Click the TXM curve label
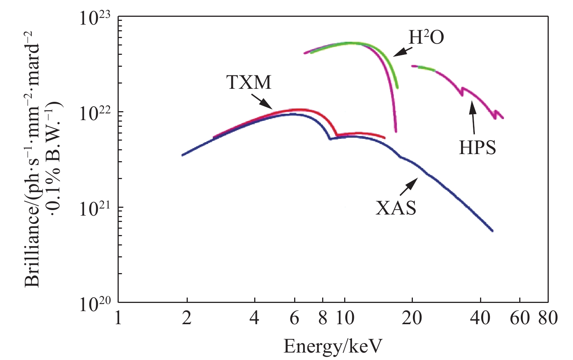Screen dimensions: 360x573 click(249, 82)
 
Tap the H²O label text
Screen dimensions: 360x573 click(426, 37)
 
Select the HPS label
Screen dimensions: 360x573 click(477, 148)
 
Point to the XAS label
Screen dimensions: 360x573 click(396, 208)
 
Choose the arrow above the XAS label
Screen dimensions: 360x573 click(409, 187)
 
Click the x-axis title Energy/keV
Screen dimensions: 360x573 click(333, 346)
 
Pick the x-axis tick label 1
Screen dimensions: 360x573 click(118, 319)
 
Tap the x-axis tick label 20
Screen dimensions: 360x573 click(412, 319)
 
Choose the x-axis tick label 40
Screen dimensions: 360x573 click(480, 319)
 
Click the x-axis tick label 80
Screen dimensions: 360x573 click(548, 319)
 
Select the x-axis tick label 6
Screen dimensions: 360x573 click(294, 319)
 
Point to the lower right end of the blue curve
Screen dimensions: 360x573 click(492, 231)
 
